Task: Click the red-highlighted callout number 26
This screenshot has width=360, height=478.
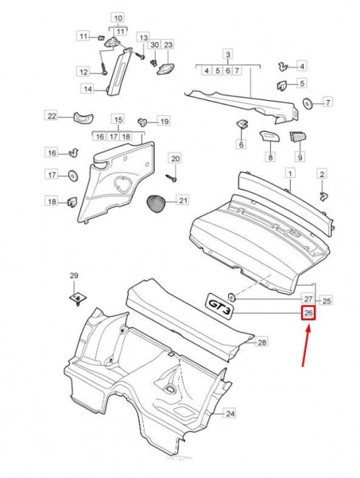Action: pos(308,313)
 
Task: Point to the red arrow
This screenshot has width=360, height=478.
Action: pos(306,346)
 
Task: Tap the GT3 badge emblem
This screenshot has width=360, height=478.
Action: pos(220,306)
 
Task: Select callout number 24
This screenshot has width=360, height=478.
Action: pos(230,414)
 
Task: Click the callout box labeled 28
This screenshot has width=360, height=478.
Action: pos(262,343)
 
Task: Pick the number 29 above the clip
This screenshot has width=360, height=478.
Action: pos(73,276)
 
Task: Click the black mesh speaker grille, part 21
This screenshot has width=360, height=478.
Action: pos(156,204)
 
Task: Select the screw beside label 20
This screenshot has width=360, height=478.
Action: pos(171,178)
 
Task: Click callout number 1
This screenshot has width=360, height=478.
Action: pos(290,173)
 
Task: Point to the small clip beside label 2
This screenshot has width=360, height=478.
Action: pos(323,196)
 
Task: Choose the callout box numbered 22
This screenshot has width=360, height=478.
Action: pos(52,116)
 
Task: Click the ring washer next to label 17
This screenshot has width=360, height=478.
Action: pos(73,176)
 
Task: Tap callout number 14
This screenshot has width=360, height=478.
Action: pos(88,89)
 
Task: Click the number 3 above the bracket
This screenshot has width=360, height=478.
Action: pos(228,55)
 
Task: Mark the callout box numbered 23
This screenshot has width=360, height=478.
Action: pos(168,45)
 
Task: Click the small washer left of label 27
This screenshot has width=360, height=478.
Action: pos(232,297)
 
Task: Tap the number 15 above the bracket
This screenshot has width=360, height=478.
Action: pos(118,119)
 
